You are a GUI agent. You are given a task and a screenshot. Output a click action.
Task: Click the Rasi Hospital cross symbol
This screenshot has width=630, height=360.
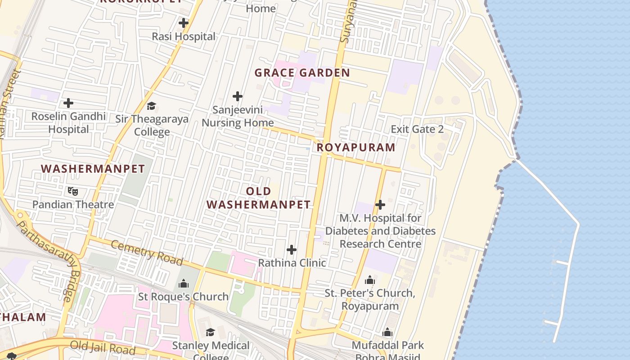(184, 23)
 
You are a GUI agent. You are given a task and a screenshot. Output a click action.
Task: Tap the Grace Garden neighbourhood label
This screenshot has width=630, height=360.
(302, 73)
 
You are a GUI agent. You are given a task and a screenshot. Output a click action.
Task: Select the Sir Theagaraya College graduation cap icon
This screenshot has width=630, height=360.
(151, 106)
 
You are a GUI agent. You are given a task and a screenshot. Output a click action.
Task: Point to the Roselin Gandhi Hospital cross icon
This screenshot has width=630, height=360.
(68, 103)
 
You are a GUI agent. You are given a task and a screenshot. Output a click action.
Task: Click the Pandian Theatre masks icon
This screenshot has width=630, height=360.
(72, 191)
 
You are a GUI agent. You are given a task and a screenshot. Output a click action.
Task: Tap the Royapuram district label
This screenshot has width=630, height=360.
(356, 147)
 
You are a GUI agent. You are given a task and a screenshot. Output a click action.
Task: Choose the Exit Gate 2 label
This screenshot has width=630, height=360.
(417, 130)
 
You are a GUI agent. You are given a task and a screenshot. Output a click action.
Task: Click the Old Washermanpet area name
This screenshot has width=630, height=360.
(259, 198)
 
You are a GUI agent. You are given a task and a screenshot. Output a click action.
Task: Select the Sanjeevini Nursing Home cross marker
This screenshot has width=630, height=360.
(238, 96)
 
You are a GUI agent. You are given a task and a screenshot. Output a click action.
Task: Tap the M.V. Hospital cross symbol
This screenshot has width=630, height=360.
(380, 205)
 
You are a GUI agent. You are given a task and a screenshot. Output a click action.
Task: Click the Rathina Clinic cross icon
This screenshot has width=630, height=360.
(292, 250)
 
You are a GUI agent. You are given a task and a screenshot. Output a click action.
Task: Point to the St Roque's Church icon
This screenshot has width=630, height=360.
(184, 283)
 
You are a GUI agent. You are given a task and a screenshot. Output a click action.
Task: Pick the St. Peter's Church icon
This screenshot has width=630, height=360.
(370, 280)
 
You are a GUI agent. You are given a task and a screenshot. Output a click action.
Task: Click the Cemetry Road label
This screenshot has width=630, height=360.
(147, 252)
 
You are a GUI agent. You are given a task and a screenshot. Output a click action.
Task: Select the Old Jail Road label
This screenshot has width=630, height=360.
(103, 347)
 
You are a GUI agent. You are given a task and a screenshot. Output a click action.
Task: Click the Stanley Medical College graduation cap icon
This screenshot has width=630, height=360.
(210, 332)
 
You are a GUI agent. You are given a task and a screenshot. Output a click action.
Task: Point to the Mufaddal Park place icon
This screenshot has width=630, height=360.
(387, 333)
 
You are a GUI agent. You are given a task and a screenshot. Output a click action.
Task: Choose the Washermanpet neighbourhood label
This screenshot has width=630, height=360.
(93, 169)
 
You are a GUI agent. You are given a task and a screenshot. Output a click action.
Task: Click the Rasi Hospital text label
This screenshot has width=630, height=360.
(184, 36)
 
